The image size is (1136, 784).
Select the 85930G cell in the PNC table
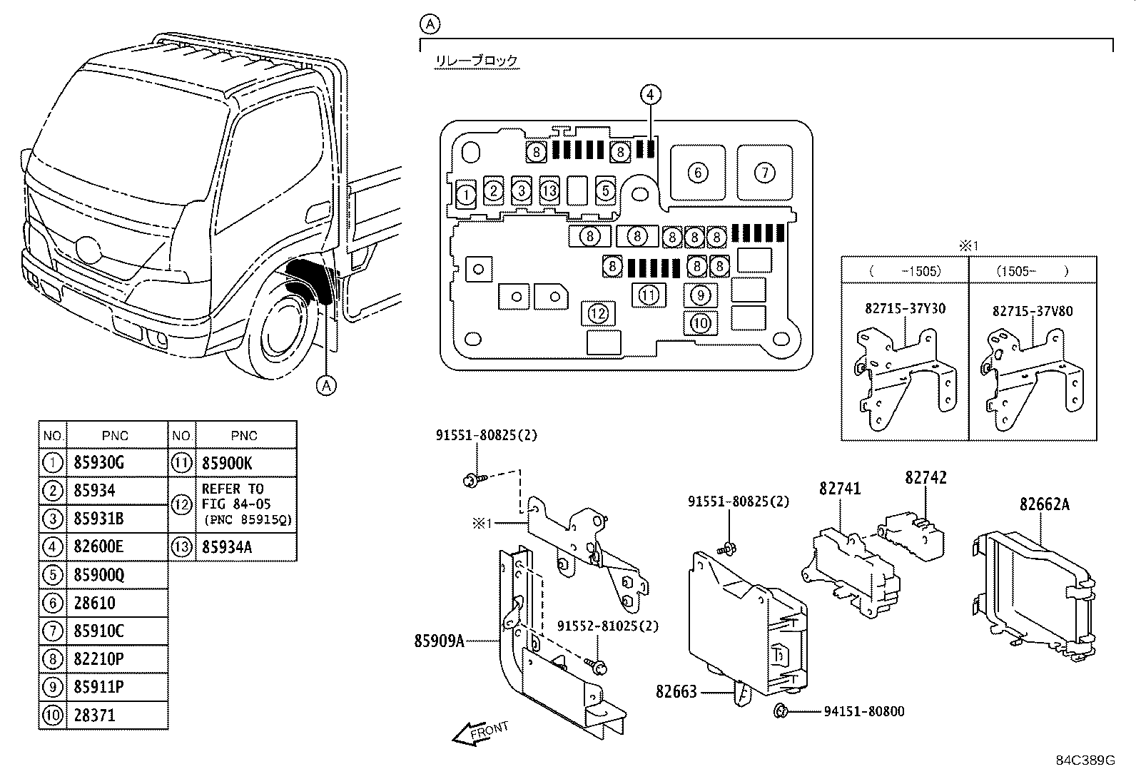99,463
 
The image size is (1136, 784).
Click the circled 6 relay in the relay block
698,172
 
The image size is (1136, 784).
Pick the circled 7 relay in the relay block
764,172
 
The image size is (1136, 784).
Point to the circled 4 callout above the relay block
649,94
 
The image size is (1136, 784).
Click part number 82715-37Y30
905,308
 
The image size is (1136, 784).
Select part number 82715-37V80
1032,311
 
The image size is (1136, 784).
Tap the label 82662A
1044,504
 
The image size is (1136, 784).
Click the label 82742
925,477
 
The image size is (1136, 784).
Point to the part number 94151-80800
863,711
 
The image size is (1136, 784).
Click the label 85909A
439,641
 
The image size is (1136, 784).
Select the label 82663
676,691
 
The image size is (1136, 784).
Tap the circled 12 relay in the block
598,313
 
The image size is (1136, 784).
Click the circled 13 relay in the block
549,191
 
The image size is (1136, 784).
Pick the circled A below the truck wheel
325,385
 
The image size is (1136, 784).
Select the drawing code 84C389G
1085,760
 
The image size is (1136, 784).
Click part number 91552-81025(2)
608,626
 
